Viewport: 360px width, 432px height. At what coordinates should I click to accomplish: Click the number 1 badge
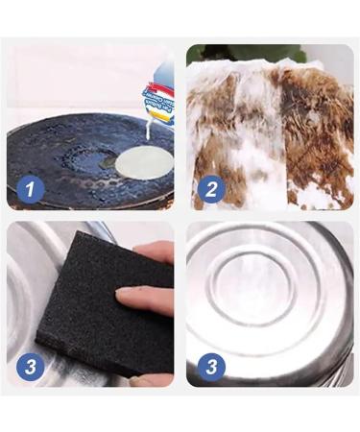click(29, 189)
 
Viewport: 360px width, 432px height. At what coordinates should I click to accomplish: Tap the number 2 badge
click(210, 189)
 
